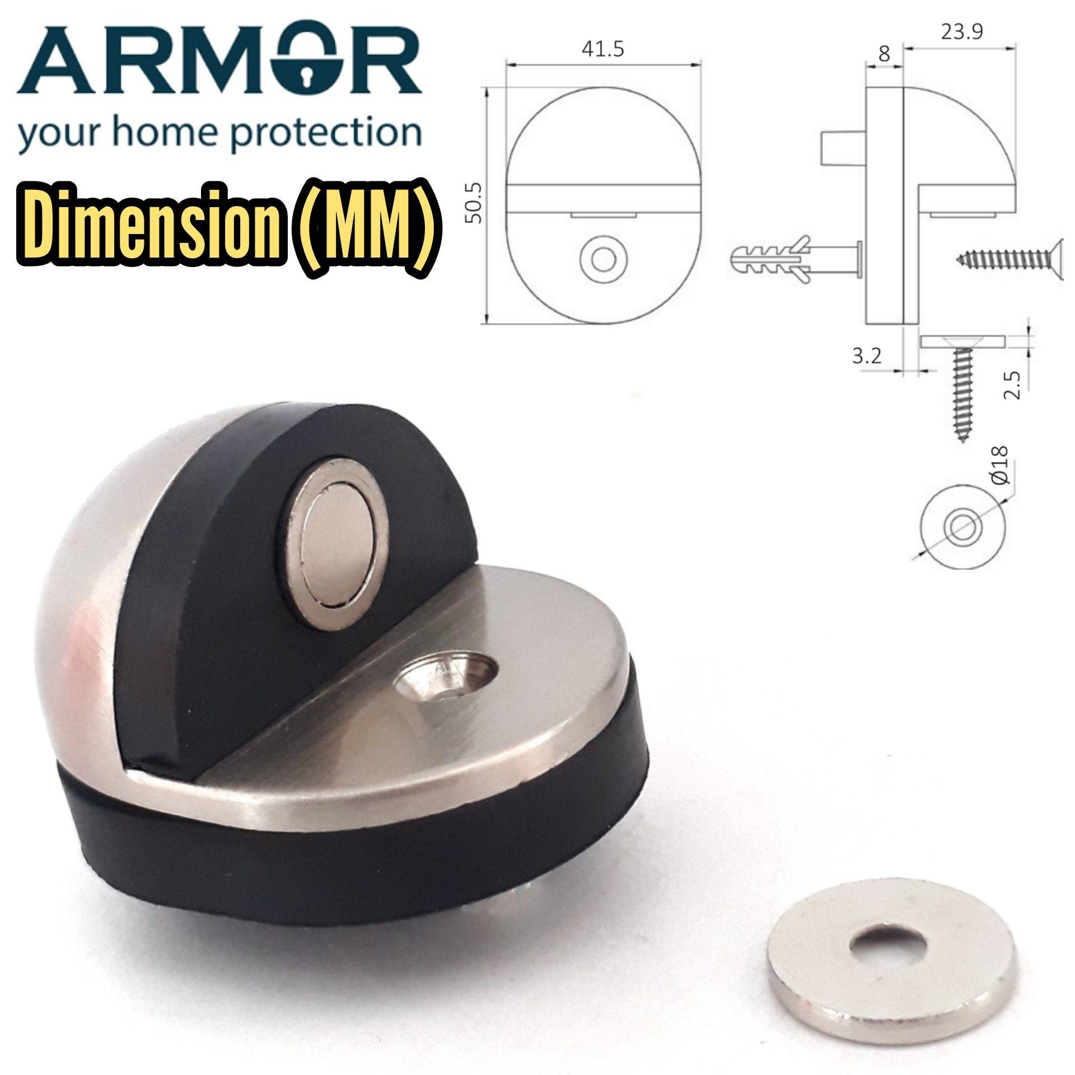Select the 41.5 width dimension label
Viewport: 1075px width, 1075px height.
coord(602,50)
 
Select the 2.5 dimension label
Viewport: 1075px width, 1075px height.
coord(1012,384)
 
